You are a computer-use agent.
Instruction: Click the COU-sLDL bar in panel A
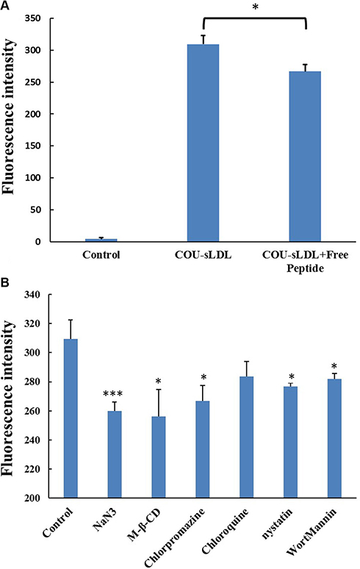pos(203,143)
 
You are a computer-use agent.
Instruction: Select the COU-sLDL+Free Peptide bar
pos(305,157)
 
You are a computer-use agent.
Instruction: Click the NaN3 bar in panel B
pos(115,455)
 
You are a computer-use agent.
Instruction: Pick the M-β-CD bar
pos(159,457)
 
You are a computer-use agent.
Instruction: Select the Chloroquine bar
pos(247,437)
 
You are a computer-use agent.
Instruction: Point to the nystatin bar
pos(290,443)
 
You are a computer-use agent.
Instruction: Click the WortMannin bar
pos(334,439)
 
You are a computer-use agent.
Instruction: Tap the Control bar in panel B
pos(71,418)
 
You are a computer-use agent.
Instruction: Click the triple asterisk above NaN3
pos(113,394)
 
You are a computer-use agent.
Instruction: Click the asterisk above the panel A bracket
pos(255,7)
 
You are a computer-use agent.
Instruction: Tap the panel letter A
pos(4,5)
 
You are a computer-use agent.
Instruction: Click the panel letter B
pos(4,282)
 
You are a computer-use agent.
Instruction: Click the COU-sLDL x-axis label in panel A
pos(203,255)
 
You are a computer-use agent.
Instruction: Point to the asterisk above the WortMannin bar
pos(334,366)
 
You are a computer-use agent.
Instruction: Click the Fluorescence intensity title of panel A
pos(9,116)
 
